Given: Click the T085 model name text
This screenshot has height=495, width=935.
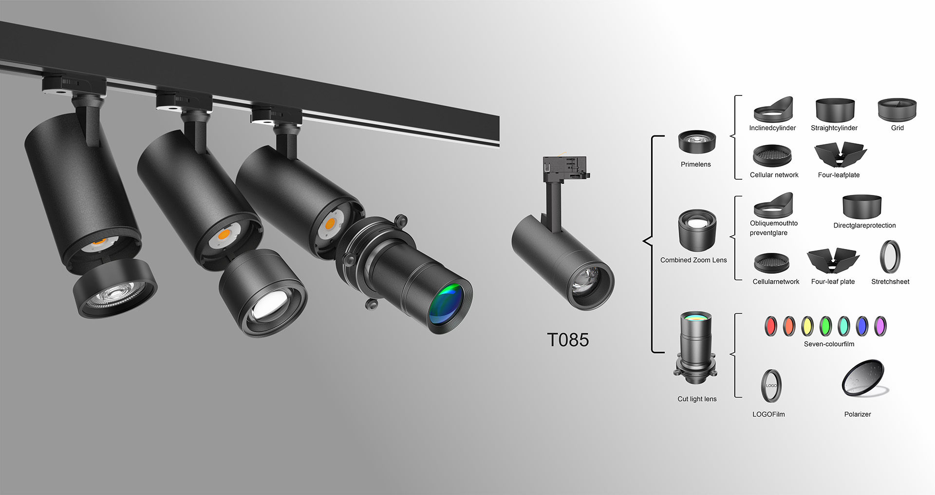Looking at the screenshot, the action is pyautogui.click(x=568, y=340).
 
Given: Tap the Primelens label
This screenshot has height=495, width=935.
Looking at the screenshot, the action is pyautogui.click(x=695, y=164).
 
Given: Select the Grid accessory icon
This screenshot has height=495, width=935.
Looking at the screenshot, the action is pyautogui.click(x=897, y=110).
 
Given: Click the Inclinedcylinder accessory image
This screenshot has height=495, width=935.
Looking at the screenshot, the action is pyautogui.click(x=773, y=109).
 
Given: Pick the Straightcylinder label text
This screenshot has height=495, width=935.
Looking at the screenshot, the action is pyautogui.click(x=834, y=128).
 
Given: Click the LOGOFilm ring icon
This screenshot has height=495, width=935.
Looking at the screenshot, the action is pyautogui.click(x=771, y=386).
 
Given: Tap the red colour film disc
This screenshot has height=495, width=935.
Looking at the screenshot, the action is pyautogui.click(x=770, y=326).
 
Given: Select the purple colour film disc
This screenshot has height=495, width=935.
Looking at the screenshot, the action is pyautogui.click(x=880, y=326).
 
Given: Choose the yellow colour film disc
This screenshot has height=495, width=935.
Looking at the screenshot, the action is pyautogui.click(x=807, y=326).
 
